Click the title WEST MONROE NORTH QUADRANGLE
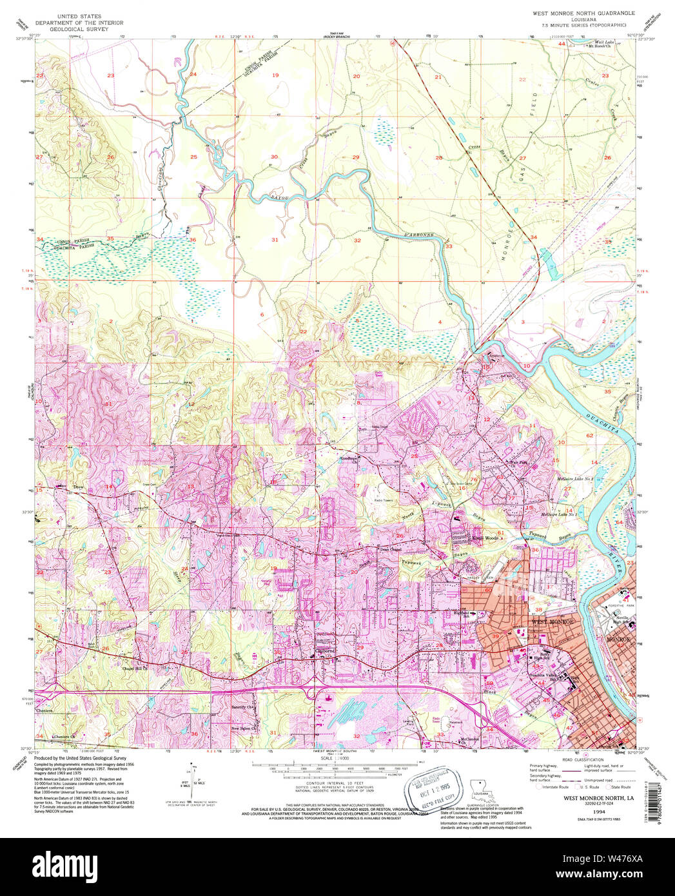[x=583, y=13]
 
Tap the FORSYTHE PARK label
[x=616, y=607]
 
